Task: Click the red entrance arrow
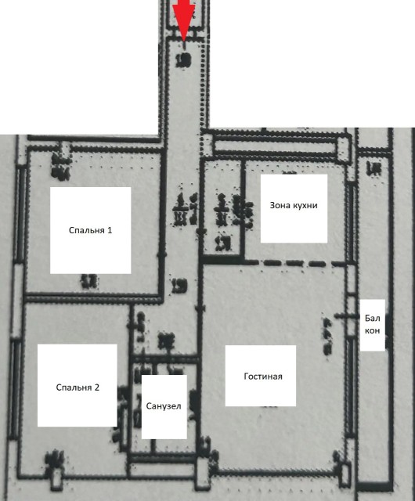click(184, 16)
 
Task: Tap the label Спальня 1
click(91, 230)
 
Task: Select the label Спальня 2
click(78, 387)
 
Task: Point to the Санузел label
click(164, 406)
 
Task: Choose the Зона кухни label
click(294, 205)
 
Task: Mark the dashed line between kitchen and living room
click(298, 264)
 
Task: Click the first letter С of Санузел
click(149, 406)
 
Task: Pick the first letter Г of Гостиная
click(247, 376)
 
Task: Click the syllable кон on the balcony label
click(373, 330)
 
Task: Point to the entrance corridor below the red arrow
click(185, 94)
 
